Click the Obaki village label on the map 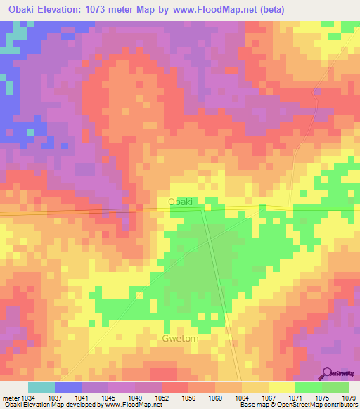[180, 202]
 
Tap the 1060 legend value [216, 398]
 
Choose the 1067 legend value [269, 398]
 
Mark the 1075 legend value [323, 398]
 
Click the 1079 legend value [349, 398]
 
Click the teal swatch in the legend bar [41, 387]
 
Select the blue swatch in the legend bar [68, 387]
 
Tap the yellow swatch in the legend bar [281, 387]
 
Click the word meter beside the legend [10, 398]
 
